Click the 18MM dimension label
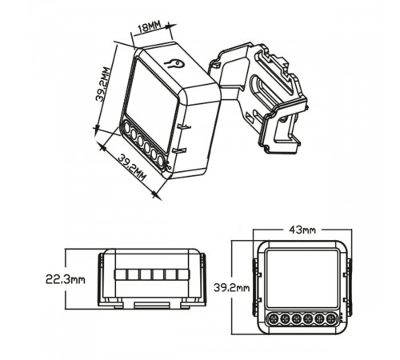point(150,28)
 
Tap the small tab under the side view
point(151,304)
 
